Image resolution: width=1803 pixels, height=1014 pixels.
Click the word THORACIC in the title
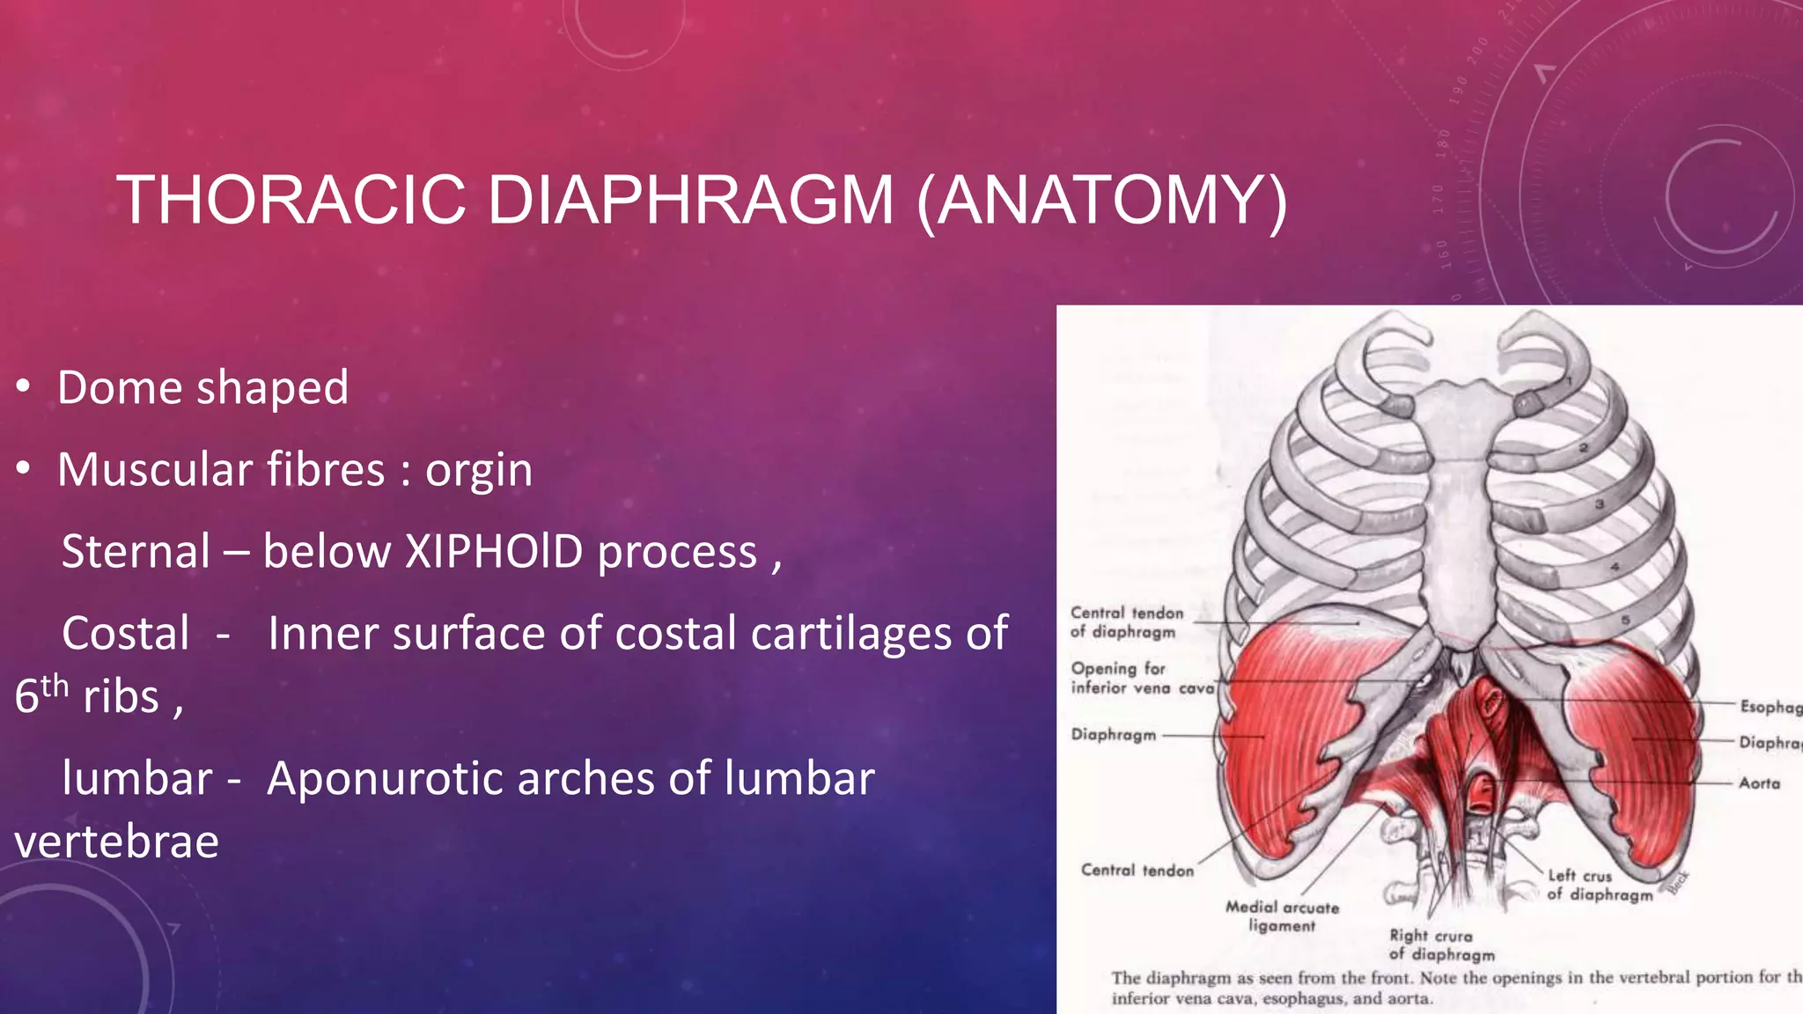tap(291, 200)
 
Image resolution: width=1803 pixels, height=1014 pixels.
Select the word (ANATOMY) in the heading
tap(1102, 202)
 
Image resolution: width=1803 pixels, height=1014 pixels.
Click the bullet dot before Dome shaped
tap(24, 386)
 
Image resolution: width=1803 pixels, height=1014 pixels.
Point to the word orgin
tap(479, 471)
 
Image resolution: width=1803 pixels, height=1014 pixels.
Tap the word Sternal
tap(136, 552)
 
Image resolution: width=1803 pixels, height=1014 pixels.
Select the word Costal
tap(126, 634)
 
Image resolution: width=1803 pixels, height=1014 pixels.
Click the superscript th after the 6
tap(55, 685)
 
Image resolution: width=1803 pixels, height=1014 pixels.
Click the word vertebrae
tap(116, 842)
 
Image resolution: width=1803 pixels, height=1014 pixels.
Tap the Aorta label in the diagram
tap(1759, 783)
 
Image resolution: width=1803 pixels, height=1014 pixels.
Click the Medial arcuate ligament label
tap(1282, 916)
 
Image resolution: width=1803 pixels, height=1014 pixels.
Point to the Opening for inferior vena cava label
tap(1141, 678)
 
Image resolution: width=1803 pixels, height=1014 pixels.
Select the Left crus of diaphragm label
tap(1599, 885)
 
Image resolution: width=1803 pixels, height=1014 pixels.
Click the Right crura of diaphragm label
tap(1441, 944)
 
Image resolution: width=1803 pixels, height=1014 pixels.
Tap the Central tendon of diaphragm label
tap(1126, 621)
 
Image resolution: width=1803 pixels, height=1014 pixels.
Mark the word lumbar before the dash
tap(137, 779)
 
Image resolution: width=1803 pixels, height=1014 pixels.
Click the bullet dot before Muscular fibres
tap(24, 469)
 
